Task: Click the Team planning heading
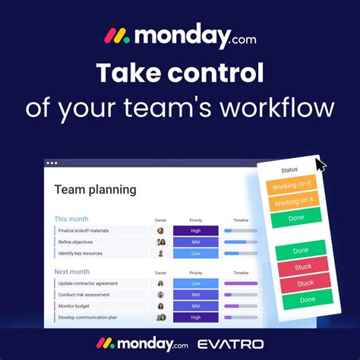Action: (x=96, y=190)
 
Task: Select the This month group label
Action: (x=71, y=219)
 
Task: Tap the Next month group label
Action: (x=71, y=271)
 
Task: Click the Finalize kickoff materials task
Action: (x=84, y=230)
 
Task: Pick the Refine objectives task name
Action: (x=76, y=242)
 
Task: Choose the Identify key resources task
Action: (x=80, y=253)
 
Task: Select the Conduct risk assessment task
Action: (x=84, y=295)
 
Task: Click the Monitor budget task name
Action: (x=75, y=306)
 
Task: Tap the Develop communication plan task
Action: (x=87, y=317)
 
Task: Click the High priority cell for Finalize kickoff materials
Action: (x=196, y=230)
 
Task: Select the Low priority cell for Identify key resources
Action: (x=196, y=253)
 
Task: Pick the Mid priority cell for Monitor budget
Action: (x=196, y=306)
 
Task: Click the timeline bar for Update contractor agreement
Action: (x=242, y=283)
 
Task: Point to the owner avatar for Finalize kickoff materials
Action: (x=161, y=230)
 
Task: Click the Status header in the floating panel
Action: (x=289, y=170)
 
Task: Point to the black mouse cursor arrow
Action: (x=321, y=164)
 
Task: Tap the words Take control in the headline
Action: (x=179, y=74)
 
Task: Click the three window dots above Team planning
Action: (x=52, y=163)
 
